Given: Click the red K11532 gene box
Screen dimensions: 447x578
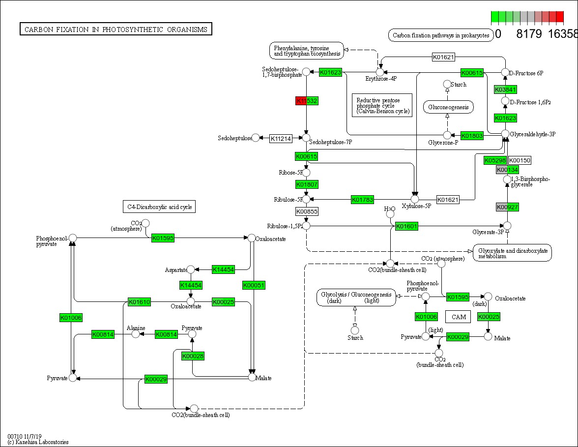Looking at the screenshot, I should [x=307, y=101].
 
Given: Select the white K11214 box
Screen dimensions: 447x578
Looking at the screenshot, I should [x=280, y=139].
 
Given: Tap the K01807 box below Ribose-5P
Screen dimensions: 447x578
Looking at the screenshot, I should [x=307, y=184].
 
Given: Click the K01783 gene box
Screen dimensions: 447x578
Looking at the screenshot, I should [x=363, y=200].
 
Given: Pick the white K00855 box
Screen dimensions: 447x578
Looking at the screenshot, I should [x=307, y=211].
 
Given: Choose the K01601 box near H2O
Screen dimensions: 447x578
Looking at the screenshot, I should [x=407, y=226].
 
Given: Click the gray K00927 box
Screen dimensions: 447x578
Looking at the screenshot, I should [x=507, y=207].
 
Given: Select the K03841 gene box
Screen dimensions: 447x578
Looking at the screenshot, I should [x=505, y=89].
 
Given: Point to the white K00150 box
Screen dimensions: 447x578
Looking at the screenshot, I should [x=520, y=160].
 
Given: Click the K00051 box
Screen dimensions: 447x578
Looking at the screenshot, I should [x=254, y=285].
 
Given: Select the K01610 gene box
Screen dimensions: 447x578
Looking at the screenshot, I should [x=139, y=301].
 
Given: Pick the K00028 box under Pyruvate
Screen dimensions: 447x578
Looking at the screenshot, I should [x=193, y=356].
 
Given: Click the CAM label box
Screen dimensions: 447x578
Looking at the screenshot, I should [x=459, y=317].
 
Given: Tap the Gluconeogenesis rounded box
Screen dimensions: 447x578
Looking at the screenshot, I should [x=448, y=107].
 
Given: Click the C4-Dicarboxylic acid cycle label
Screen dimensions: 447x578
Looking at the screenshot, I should [x=159, y=207].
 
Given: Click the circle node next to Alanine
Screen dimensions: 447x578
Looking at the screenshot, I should [x=135, y=334].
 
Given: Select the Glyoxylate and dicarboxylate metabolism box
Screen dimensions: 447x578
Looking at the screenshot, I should [x=513, y=253].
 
